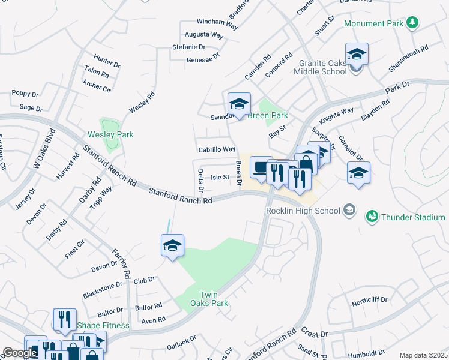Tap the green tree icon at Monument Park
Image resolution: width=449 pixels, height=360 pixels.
point(412,23)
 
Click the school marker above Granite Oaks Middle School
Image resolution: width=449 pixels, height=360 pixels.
point(357,55)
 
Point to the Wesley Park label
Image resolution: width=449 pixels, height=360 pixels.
point(110,134)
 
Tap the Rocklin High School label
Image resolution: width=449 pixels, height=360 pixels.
point(303,211)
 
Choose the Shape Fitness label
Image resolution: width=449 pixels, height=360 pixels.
point(103,325)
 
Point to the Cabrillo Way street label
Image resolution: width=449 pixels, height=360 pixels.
point(216,149)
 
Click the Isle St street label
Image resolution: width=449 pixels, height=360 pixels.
point(220,177)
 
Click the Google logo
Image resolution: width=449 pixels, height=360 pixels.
point(20,353)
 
